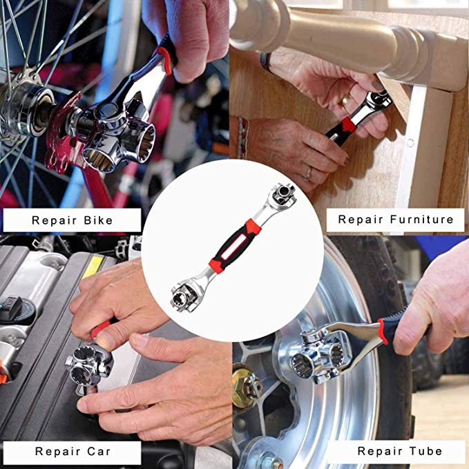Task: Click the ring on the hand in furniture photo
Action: tap(308, 173)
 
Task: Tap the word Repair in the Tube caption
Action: tap(380, 452)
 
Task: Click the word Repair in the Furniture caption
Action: tap(360, 220)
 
